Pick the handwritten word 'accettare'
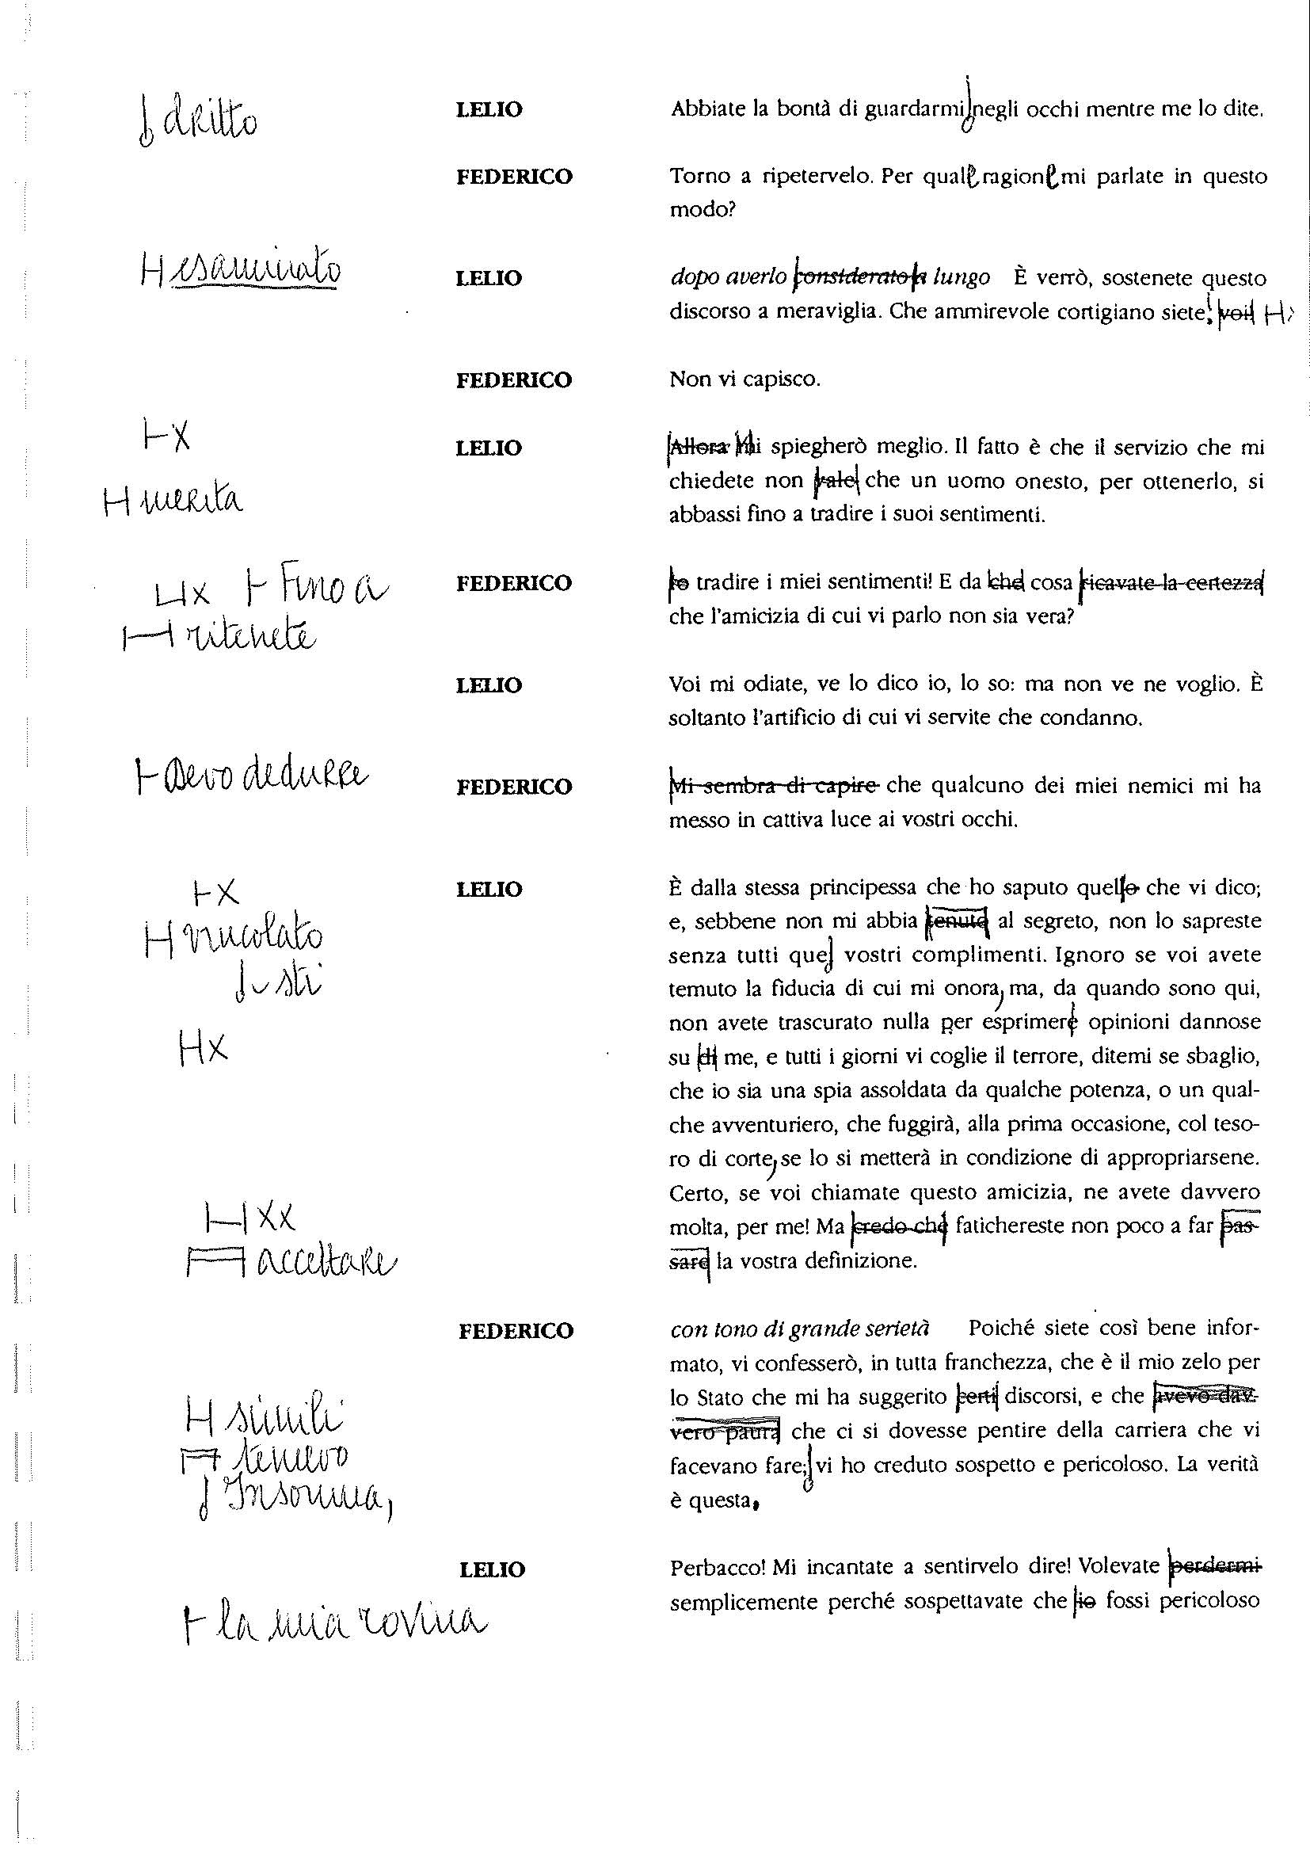point(326,1262)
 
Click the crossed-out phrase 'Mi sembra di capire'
point(776,785)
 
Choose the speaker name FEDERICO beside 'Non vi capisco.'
point(514,380)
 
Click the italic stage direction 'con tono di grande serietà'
point(799,1329)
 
